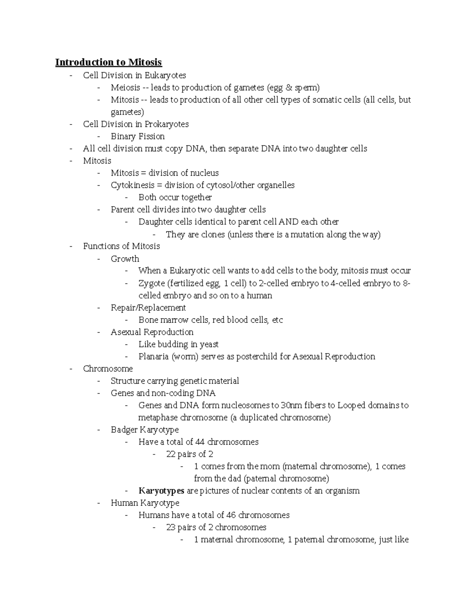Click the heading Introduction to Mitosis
pos(108,62)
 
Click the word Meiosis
pos(125,88)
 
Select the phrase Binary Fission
pos(137,136)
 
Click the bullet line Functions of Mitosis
pos(121,246)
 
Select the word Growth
pos(125,259)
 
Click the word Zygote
pos(152,283)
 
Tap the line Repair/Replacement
pos(148,308)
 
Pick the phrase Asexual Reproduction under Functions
pos(152,332)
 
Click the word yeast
pos(209,344)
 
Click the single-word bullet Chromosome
pos(108,369)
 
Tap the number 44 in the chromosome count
pos(200,442)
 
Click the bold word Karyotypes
pos(161,491)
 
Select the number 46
pos(231,515)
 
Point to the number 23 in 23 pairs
pos(171,528)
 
